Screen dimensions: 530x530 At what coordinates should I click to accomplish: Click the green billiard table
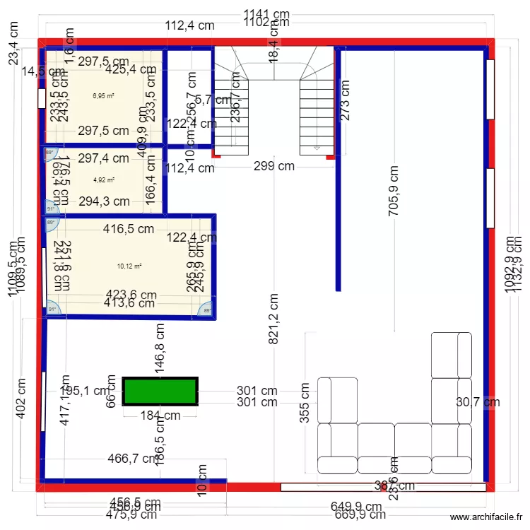160,391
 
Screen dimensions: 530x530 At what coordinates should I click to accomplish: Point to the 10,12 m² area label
129,266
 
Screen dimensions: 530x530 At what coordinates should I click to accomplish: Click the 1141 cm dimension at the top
266,13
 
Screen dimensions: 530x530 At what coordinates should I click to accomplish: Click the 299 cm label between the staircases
275,167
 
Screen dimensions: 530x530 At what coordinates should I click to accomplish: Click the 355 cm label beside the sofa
305,403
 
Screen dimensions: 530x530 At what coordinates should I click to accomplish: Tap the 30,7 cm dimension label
478,402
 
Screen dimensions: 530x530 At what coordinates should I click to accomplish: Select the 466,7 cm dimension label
133,459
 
